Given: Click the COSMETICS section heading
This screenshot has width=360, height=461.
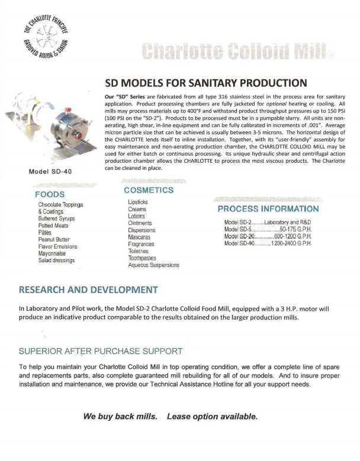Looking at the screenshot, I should [x=149, y=190].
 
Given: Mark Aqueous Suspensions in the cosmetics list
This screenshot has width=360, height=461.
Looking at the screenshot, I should [x=153, y=266].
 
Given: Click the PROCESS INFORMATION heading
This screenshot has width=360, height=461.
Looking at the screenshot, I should [x=268, y=209].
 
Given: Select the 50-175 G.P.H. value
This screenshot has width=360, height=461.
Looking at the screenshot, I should [x=295, y=229].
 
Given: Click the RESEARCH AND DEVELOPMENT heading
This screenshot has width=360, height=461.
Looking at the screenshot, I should [x=89, y=290].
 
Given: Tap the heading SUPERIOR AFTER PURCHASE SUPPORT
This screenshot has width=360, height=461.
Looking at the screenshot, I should [x=101, y=351].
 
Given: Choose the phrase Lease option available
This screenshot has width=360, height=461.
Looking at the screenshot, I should [x=213, y=417].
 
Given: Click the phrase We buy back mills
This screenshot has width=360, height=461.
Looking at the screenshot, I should [x=120, y=417].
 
